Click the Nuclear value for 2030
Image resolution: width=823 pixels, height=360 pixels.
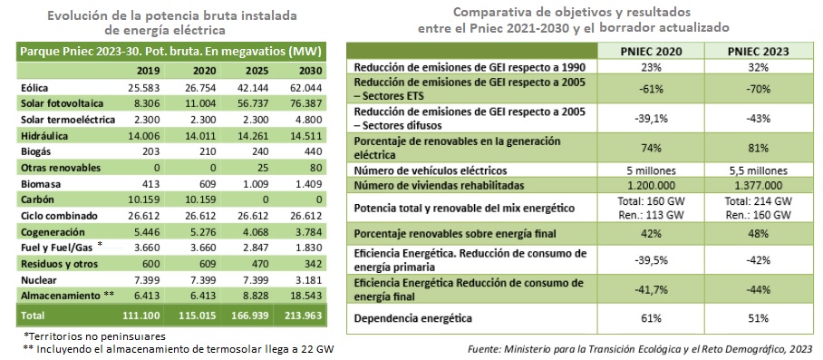310,281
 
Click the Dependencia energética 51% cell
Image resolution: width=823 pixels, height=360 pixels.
760,318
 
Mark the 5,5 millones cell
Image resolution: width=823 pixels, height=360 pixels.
760,170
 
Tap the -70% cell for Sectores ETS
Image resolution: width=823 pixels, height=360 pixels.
760,89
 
